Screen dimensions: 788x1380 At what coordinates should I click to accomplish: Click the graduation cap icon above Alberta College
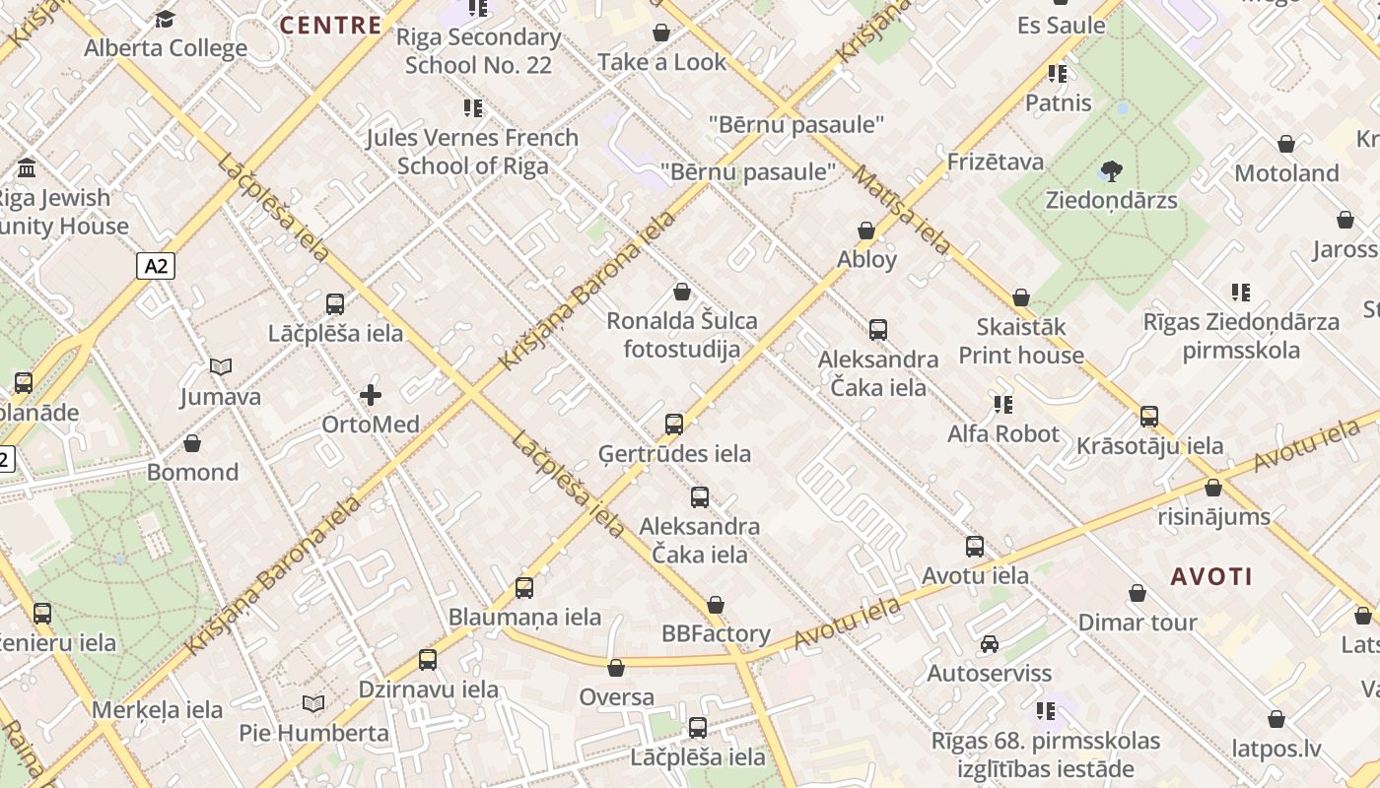[x=166, y=19]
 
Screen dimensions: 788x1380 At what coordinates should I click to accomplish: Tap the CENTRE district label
[x=331, y=26]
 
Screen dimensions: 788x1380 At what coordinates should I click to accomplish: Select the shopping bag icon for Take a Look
[x=661, y=33]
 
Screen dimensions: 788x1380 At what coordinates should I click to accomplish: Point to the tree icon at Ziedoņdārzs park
[x=1112, y=171]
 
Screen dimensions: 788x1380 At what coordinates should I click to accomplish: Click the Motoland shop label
[x=1286, y=173]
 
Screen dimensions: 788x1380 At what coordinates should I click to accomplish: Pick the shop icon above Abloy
[x=866, y=230]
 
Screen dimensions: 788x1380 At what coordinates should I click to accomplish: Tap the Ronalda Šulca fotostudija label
[x=681, y=335]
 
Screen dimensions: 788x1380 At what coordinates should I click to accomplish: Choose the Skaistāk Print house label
[x=1020, y=341]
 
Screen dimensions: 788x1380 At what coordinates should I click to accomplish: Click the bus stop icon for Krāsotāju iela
[x=1149, y=417]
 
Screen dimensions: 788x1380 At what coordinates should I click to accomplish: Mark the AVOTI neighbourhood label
[x=1211, y=577]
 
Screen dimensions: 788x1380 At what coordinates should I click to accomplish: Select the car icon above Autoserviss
[x=989, y=644]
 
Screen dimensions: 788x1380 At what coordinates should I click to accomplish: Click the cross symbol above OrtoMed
[x=371, y=396]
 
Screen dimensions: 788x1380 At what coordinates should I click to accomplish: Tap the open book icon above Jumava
[x=221, y=367]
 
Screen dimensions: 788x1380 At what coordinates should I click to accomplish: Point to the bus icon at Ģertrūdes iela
[x=674, y=425]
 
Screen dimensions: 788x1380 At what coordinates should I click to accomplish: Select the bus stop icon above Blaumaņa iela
[x=524, y=588]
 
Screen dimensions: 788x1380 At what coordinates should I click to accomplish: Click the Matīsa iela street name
[x=901, y=210]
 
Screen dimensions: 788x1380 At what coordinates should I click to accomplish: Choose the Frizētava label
[x=995, y=162]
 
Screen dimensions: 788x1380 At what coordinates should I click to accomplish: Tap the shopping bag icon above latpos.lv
[x=1276, y=719]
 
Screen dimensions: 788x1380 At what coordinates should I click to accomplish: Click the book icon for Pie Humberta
[x=313, y=704]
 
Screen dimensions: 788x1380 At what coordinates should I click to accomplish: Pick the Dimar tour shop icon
[x=1138, y=593]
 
